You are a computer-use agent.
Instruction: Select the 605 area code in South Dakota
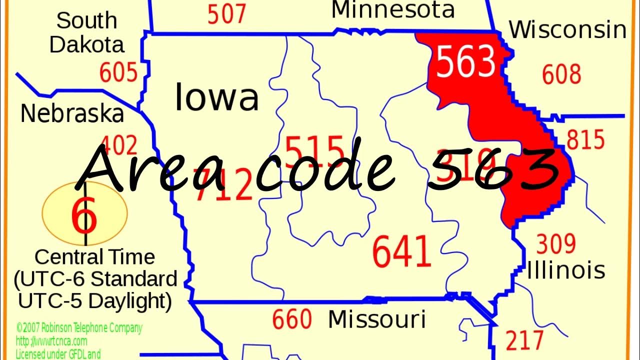(x=118, y=72)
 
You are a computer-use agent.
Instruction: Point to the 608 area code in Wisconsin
(x=561, y=74)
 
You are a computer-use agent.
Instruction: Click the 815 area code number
(x=585, y=140)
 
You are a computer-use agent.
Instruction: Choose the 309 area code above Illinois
(x=556, y=244)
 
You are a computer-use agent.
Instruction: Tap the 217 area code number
(x=524, y=340)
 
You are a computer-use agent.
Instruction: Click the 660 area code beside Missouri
(x=292, y=319)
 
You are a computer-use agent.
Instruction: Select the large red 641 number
(x=401, y=251)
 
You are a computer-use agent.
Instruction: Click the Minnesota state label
(x=393, y=10)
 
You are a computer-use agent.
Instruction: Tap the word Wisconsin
(x=567, y=30)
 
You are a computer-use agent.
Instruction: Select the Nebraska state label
(x=72, y=114)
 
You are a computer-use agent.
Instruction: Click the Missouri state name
(x=376, y=319)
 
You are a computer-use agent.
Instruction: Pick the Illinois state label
(x=566, y=270)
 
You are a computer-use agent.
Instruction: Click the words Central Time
(x=94, y=257)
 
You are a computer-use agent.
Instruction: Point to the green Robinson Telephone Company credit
(x=79, y=328)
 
